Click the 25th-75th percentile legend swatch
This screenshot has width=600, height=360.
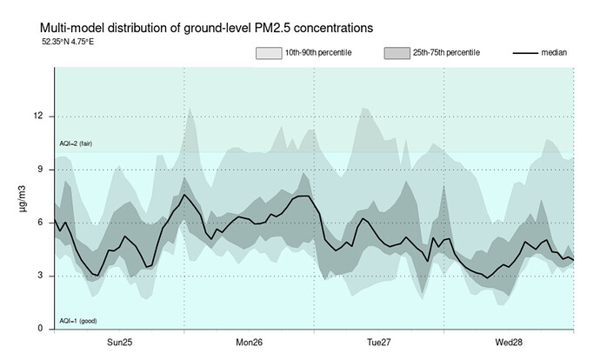(396, 53)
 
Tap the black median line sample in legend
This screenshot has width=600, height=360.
(523, 53)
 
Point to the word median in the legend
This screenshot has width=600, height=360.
(555, 53)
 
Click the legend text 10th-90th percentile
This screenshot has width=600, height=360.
(318, 53)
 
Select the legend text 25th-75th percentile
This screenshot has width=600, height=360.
(448, 53)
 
